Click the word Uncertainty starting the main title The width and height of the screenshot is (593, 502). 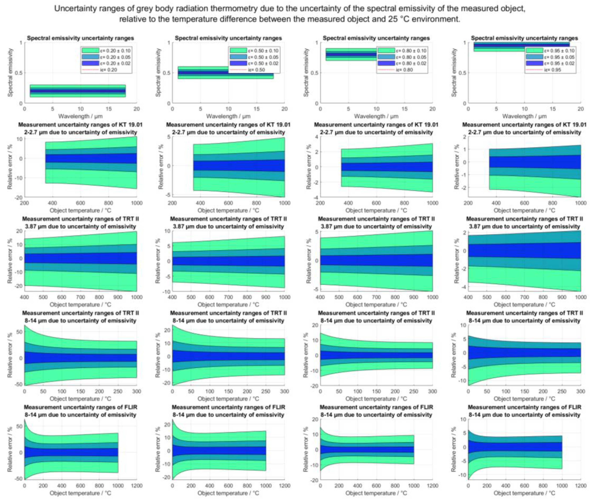74,9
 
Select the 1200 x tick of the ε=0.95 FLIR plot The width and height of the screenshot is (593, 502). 580,486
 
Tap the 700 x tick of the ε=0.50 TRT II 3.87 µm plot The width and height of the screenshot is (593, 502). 228,297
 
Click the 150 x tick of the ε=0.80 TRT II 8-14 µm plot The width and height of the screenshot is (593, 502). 376,391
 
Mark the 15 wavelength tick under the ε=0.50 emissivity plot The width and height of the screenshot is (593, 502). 257,109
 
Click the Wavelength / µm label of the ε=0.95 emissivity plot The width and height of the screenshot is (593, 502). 524,116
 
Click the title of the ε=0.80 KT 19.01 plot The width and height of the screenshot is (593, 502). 376,128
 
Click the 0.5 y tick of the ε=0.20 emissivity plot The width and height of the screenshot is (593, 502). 19,73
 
